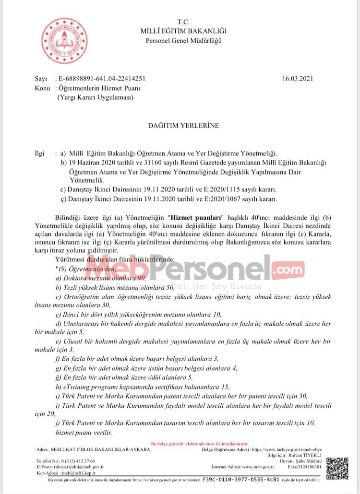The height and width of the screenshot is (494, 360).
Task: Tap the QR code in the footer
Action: point(337,467)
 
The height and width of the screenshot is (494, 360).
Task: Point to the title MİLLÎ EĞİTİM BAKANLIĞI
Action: point(183,31)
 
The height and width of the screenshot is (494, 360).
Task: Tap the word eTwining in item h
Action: point(74,387)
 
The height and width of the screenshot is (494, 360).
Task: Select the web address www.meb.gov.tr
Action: point(258,466)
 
